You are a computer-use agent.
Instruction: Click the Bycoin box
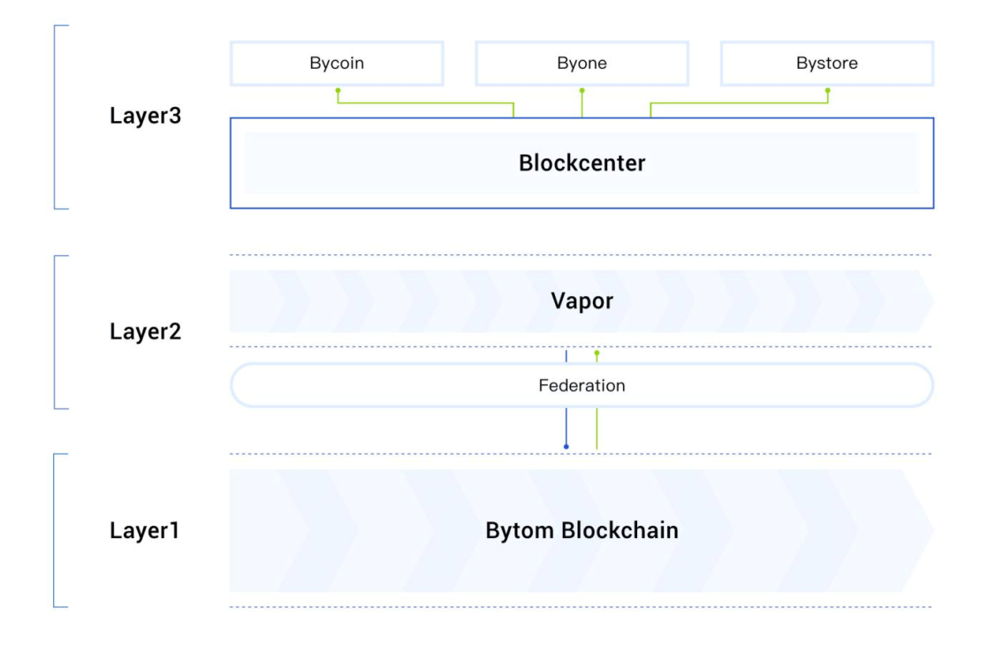pos(337,64)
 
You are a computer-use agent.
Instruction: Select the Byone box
pos(582,64)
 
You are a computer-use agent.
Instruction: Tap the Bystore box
pos(826,64)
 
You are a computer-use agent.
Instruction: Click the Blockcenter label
pos(582,163)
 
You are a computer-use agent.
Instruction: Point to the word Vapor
pos(582,301)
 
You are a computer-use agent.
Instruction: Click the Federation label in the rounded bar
pos(582,385)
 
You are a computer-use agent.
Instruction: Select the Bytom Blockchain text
pos(582,530)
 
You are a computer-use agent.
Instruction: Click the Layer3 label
pos(145,116)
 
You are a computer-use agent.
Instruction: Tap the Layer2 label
pos(145,331)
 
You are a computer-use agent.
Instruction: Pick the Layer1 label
pos(144,530)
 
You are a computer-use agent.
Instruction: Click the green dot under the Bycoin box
pos(338,91)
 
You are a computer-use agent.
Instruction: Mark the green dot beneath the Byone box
pos(582,91)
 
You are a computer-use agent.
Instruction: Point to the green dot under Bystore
pos(828,91)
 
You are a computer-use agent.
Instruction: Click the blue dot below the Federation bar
pos(566,446)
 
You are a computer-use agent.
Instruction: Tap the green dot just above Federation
pos(597,353)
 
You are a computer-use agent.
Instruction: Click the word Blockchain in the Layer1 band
pos(620,530)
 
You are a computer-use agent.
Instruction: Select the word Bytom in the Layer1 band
pos(520,531)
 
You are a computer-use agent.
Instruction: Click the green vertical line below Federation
pos(597,429)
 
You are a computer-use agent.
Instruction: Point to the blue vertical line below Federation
pos(566,426)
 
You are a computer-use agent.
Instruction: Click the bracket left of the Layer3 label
pos(55,118)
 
